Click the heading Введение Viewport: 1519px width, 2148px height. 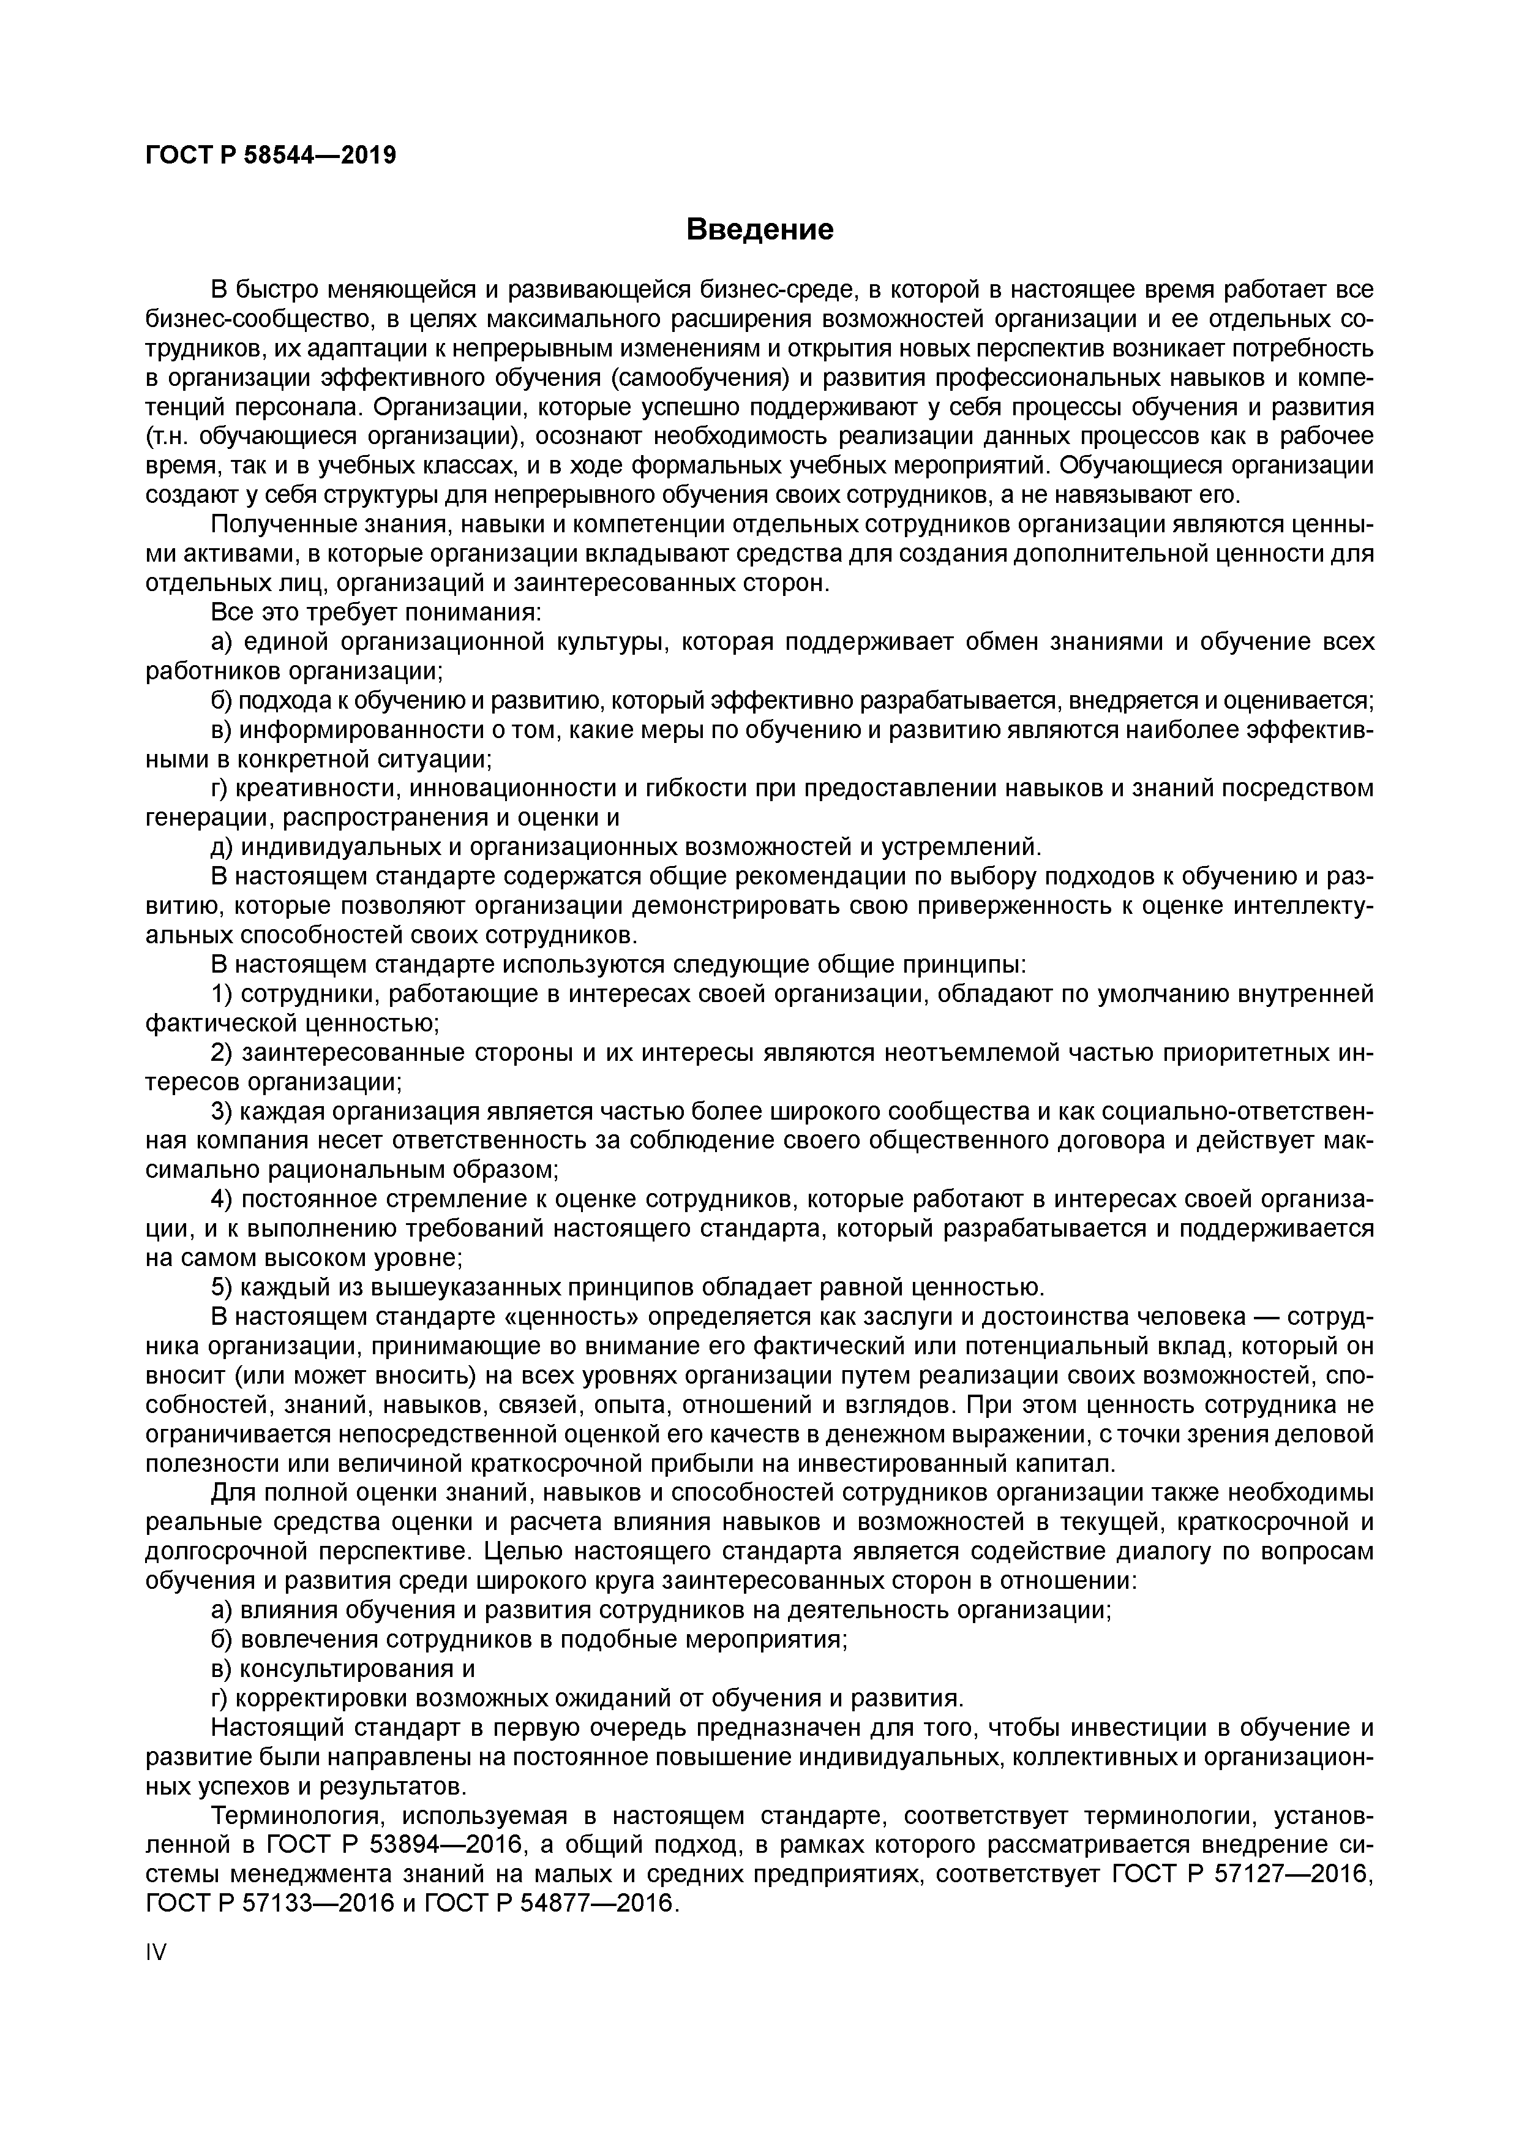759,229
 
